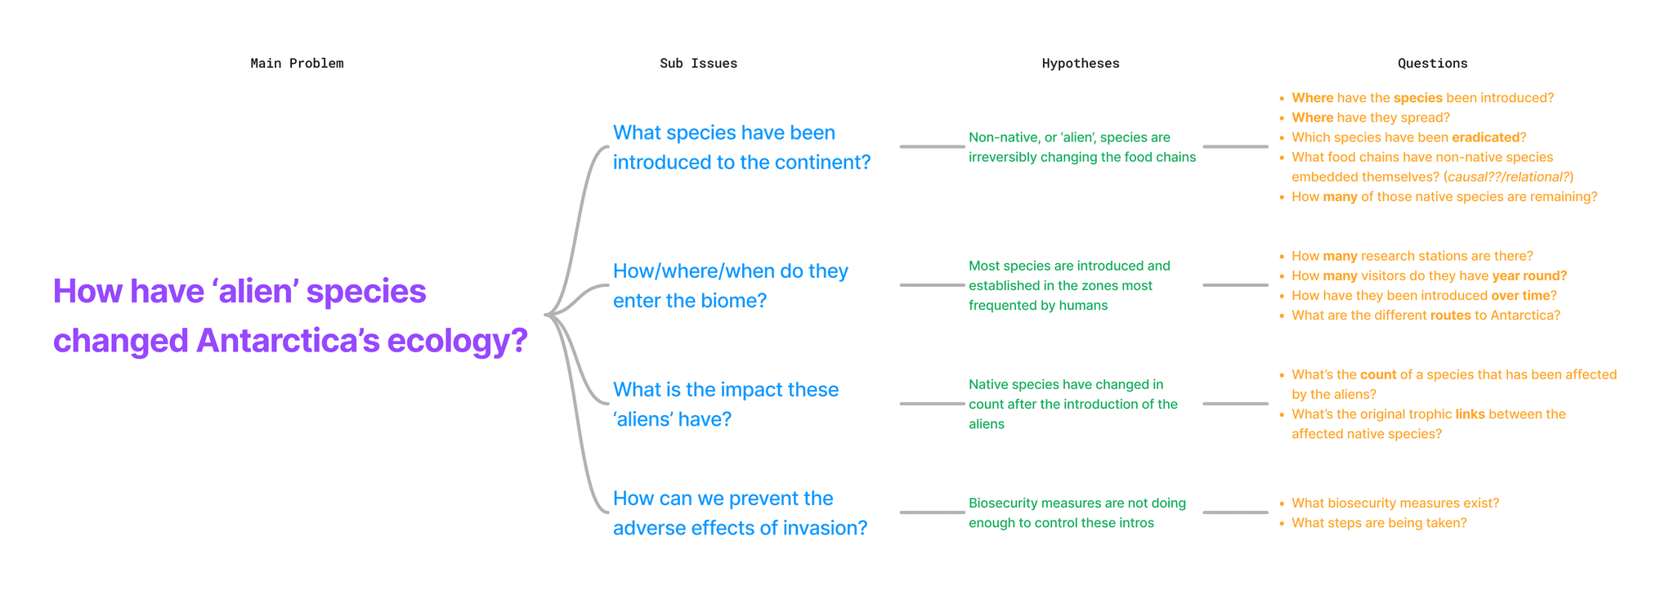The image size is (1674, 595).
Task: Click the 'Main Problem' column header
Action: coord(297,64)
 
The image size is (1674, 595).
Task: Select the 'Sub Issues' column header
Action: coord(698,64)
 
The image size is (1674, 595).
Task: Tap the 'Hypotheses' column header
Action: coord(1080,64)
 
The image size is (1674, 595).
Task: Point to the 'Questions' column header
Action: coord(1432,64)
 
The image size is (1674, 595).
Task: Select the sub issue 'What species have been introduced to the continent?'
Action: coord(741,148)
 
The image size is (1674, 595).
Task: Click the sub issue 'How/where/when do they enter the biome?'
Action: coord(730,286)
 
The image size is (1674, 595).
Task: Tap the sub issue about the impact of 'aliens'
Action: coord(725,405)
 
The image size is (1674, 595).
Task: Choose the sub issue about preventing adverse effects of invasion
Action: coord(740,513)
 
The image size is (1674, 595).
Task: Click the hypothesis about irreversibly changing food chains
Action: coord(1081,148)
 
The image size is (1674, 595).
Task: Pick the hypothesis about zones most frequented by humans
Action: coord(1069,286)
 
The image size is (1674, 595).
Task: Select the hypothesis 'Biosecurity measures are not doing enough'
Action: coord(1076,513)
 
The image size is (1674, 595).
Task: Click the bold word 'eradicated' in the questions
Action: coord(1485,138)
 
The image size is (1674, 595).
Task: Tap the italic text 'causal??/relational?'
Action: coord(1508,177)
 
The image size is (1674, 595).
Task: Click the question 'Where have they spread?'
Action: coord(1370,118)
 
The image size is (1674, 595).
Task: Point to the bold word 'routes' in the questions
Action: coord(1451,315)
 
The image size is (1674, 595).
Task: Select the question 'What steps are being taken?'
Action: coord(1379,523)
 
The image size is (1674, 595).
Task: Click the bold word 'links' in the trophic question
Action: coord(1470,414)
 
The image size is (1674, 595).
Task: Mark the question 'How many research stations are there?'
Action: coord(1412,257)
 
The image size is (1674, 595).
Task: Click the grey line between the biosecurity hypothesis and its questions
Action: coord(1235,512)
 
